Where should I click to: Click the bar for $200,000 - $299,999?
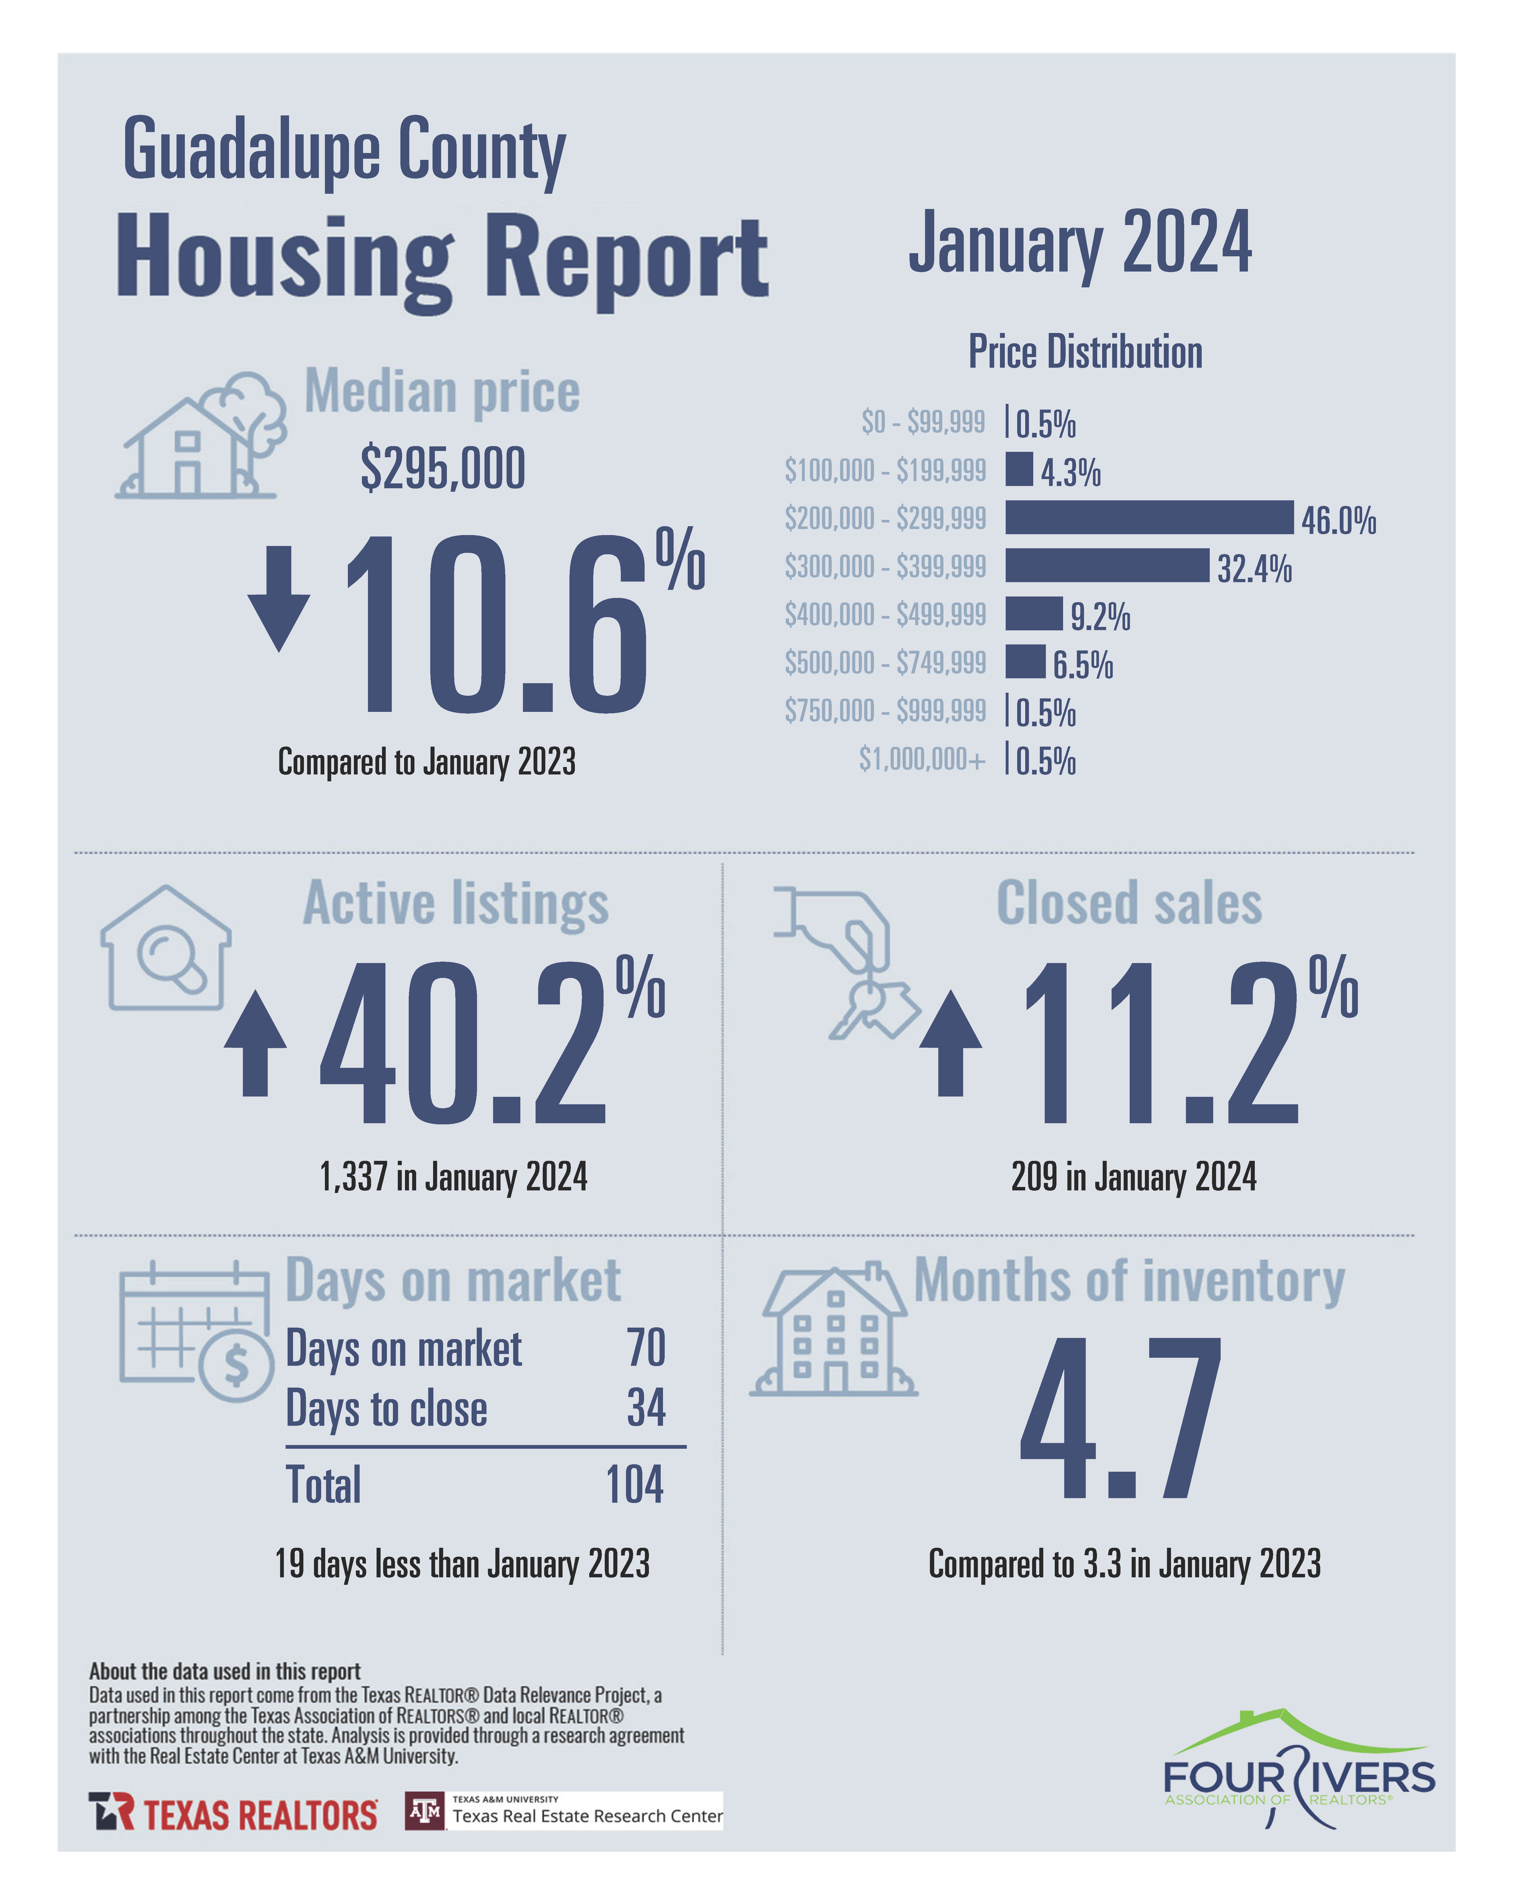[1148, 518]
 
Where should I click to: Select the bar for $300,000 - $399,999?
[1107, 565]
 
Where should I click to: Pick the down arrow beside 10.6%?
[279, 598]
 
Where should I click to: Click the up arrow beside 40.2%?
[255, 1043]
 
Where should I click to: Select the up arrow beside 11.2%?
[950, 1043]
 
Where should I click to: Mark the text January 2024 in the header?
[1080, 243]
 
